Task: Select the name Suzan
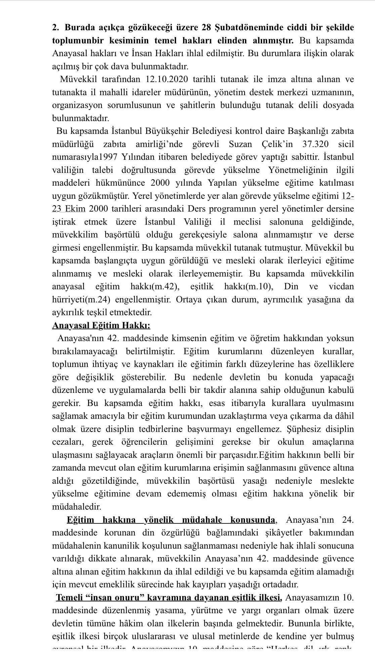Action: (240, 144)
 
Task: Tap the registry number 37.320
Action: (316, 144)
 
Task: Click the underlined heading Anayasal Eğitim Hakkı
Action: (101, 326)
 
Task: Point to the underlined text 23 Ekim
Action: (69, 209)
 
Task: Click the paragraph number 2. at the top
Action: (56, 28)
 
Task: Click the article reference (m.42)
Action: (165, 287)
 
